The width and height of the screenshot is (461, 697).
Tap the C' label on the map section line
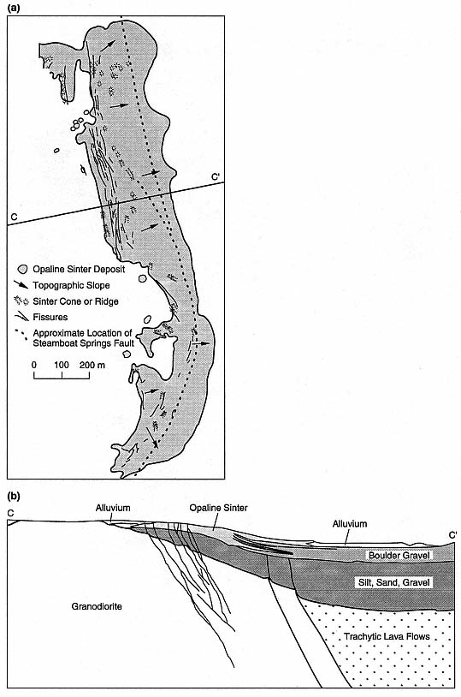point(216,177)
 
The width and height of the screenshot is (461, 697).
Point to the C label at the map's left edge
point(14,217)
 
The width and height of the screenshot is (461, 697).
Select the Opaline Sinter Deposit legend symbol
point(23,270)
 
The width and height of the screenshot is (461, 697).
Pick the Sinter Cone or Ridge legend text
point(75,301)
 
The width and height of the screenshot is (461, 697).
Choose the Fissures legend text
point(50,317)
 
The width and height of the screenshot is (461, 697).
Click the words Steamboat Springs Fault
point(84,343)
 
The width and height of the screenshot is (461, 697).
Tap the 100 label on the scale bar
point(62,365)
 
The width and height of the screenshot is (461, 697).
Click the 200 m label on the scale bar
point(92,365)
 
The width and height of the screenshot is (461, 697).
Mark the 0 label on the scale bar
point(34,365)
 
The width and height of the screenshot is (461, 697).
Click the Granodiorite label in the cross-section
point(97,606)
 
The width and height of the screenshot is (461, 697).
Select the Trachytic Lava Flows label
point(387,636)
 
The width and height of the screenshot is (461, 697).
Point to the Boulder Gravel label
point(399,555)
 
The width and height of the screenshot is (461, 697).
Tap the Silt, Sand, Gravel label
point(394,582)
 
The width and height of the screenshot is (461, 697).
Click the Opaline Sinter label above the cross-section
point(218,508)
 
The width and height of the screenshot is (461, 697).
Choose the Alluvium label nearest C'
point(350,524)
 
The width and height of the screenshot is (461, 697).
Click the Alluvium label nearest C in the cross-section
point(113,508)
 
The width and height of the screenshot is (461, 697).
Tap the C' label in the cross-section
point(452,535)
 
